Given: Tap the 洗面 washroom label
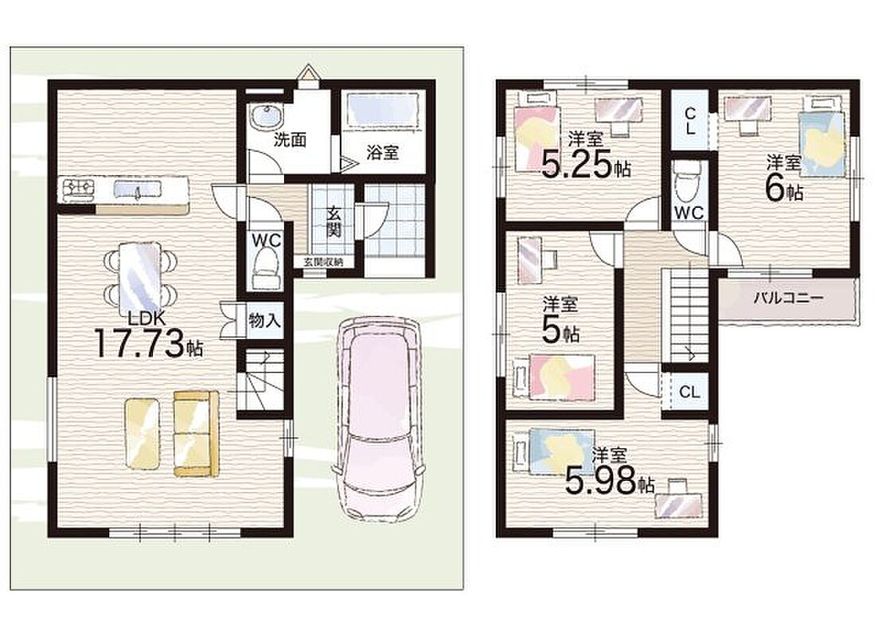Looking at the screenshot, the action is (289, 139).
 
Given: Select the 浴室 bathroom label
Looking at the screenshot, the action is (382, 152).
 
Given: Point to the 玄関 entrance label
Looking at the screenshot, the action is (334, 222).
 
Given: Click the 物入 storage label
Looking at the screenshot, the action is (264, 321).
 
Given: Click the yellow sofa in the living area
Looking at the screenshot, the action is (196, 433).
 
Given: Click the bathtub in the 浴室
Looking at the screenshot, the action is (383, 109).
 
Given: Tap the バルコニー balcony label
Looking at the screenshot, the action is (788, 298).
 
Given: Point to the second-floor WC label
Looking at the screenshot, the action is (689, 212).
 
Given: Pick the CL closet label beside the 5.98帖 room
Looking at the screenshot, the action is (689, 392).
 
